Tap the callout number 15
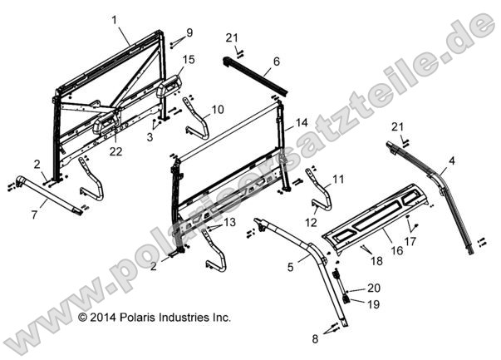point(189,60)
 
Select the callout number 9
point(189,32)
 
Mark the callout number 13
point(229,222)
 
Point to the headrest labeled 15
point(169,88)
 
